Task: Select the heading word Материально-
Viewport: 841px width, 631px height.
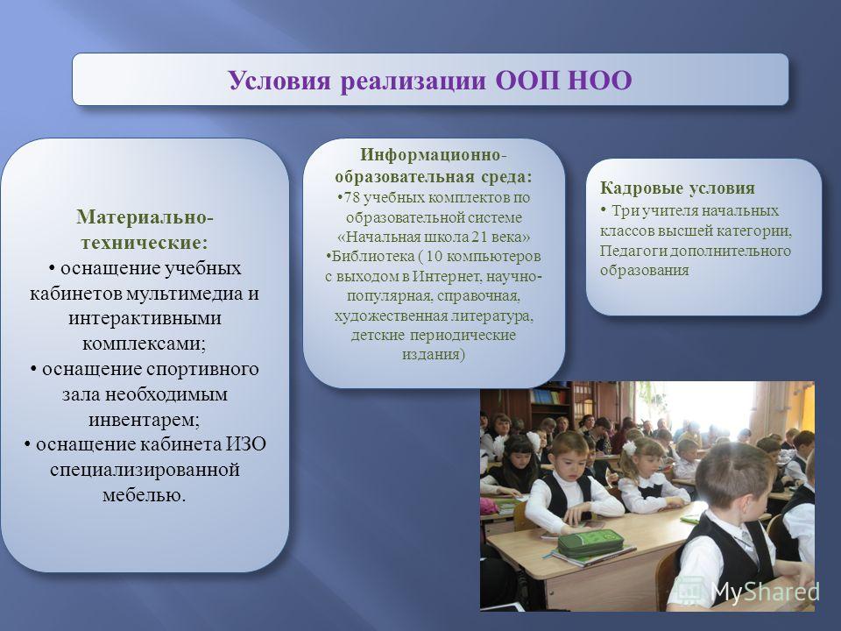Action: (x=145, y=216)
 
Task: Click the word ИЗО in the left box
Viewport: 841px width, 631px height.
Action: (x=245, y=444)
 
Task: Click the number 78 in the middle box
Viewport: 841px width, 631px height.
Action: (x=351, y=197)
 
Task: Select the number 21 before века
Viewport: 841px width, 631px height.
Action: (x=480, y=237)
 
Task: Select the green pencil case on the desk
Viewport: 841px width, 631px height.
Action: (x=590, y=543)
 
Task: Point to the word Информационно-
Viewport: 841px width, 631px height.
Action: (x=434, y=155)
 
